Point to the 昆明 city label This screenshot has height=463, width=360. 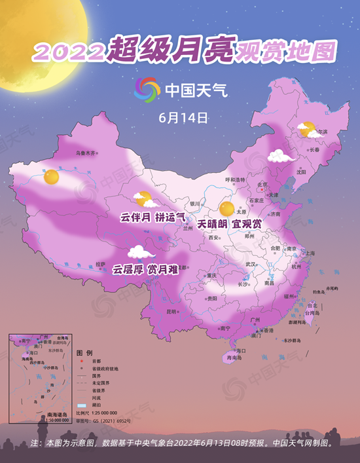pos(171,311)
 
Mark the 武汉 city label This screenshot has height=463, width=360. pos(250,264)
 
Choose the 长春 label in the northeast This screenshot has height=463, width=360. pos(314,149)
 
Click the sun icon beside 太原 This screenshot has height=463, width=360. pos(227,209)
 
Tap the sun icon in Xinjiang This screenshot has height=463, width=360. pos(51,176)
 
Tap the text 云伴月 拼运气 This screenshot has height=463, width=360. pos(153,215)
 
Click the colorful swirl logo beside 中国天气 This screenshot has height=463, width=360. pos(147,89)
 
